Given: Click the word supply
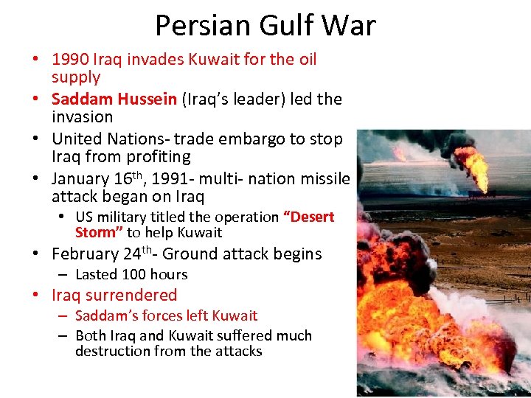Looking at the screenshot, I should click(76, 77).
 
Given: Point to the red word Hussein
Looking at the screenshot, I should click(146, 99).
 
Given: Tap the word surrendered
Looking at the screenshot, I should click(131, 296).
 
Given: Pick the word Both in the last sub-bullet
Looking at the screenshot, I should click(91, 336).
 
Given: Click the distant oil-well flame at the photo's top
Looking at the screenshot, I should click(473, 166).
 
